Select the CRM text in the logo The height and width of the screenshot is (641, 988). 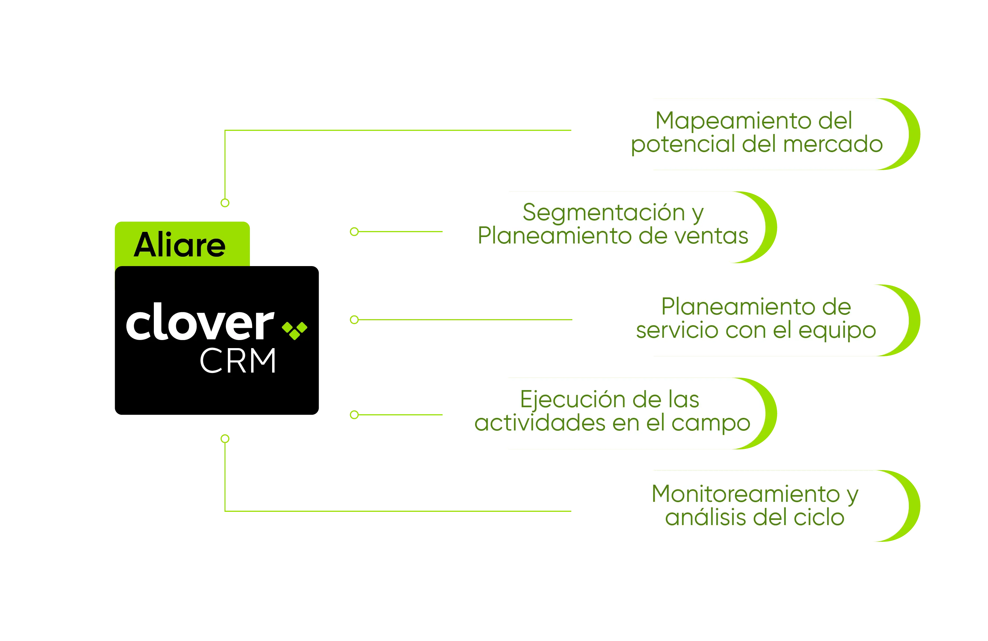[x=238, y=360]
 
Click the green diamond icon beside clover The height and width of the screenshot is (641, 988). [x=294, y=330]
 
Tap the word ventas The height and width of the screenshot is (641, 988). [x=711, y=236]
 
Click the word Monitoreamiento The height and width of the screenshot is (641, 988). [x=746, y=494]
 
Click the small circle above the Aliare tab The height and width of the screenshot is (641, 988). [x=225, y=203]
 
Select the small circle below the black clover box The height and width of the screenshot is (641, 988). [x=225, y=439]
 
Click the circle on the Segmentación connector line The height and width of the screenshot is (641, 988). [x=354, y=232]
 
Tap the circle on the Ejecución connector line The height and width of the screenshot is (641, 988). [x=354, y=415]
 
